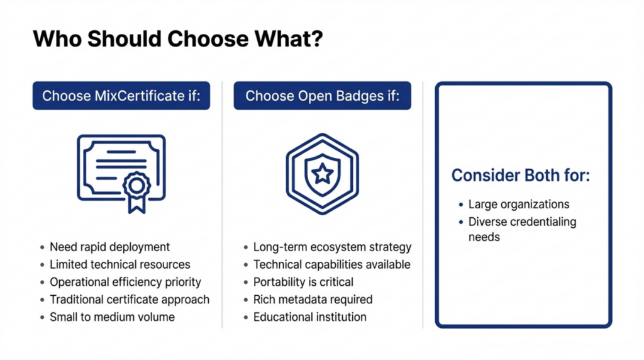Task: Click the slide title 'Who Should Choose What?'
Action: (178, 40)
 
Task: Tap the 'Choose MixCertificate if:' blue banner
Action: (121, 96)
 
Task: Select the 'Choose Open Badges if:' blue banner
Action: (322, 96)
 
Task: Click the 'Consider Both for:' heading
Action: (521, 176)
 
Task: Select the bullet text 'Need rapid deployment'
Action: (109, 247)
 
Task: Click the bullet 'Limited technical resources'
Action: (119, 265)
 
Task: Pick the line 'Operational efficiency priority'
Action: (125, 282)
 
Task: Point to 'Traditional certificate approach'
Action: (129, 300)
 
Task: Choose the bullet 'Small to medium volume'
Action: (112, 317)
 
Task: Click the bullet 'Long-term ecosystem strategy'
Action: (332, 247)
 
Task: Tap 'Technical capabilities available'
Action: (331, 265)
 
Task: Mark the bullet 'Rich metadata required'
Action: (313, 300)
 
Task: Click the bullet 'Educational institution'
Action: (309, 317)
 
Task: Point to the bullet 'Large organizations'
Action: (519, 205)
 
